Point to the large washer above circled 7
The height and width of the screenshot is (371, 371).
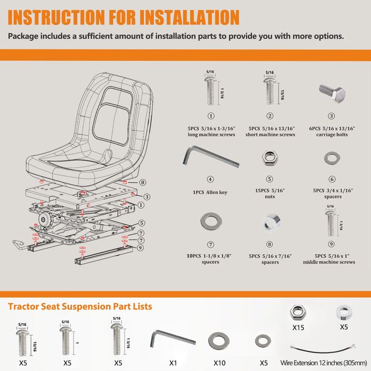pyautogui.click(x=210, y=221)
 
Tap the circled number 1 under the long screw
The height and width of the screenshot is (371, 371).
pyautogui.click(x=210, y=116)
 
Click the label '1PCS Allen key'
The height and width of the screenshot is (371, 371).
pyautogui.click(x=210, y=192)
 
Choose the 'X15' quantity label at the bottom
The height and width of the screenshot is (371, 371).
pyautogui.click(x=298, y=328)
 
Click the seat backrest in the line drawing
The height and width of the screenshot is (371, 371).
pyautogui.click(x=116, y=110)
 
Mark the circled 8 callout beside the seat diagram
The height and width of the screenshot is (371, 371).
pyautogui.click(x=134, y=183)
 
